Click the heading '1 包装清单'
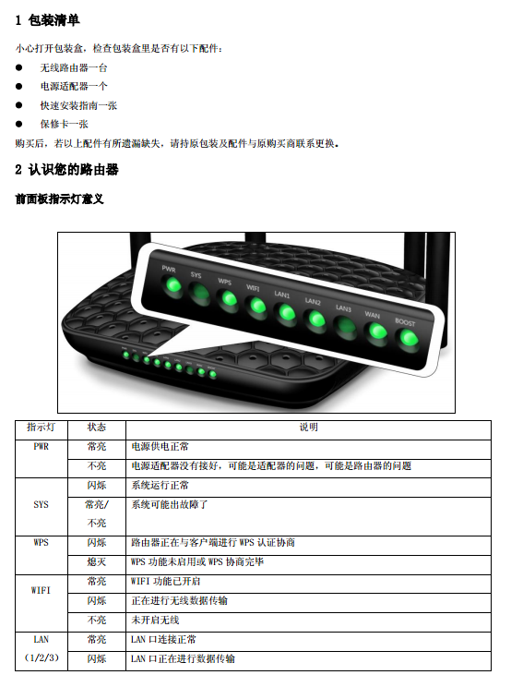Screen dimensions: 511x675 tap(47, 20)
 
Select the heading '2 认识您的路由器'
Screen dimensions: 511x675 tap(66, 170)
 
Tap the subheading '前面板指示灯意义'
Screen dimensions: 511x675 tap(59, 199)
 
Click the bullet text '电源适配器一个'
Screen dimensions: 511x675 tap(74, 87)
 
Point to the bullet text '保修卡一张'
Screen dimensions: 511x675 tap(64, 125)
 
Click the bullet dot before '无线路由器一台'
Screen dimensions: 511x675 tap(19, 67)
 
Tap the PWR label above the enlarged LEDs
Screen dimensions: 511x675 tap(169, 269)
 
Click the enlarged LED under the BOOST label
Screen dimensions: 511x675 tap(408, 338)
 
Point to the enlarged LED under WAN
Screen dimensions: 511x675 tap(377, 331)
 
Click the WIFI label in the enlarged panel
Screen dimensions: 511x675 tap(253, 287)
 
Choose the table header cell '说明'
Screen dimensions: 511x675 tap(308, 427)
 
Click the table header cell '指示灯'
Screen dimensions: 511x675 tap(41, 427)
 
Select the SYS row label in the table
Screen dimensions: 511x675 tap(41, 504)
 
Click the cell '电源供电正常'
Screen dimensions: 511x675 tap(160, 446)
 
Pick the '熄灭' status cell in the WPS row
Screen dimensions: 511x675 tap(96, 561)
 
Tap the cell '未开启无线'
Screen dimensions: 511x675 tap(155, 620)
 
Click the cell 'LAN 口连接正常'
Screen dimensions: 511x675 tap(163, 639)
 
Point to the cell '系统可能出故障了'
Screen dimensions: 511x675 tap(170, 504)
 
